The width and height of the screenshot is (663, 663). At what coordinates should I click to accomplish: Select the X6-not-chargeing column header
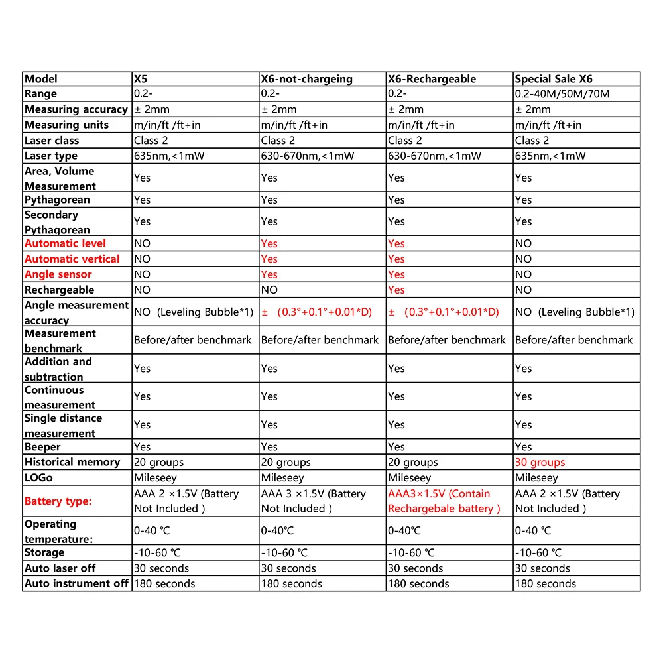306,79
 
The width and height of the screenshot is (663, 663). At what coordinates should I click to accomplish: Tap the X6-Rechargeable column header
432,79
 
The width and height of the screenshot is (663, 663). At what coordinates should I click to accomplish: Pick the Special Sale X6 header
554,79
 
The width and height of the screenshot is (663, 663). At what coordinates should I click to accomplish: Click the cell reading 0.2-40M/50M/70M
562,94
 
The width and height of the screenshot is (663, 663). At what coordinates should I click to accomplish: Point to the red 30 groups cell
540,462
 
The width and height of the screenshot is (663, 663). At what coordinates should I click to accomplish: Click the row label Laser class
52,141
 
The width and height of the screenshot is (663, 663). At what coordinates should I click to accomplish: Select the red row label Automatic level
65,243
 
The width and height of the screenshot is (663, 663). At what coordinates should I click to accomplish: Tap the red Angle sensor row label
58,274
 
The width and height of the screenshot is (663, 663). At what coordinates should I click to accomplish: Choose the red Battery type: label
58,501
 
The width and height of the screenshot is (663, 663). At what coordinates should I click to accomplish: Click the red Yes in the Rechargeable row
396,290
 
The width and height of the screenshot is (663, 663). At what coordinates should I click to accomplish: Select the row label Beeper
43,447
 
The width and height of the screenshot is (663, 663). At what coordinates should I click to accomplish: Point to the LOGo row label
38,478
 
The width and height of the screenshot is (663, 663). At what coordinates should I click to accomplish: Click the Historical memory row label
72,462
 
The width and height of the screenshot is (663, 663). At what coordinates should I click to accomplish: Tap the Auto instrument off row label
76,584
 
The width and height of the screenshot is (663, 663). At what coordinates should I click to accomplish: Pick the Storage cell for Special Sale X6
538,553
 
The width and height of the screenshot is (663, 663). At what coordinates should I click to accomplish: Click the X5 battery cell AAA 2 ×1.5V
186,501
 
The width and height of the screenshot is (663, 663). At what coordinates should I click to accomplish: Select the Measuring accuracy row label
76,109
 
